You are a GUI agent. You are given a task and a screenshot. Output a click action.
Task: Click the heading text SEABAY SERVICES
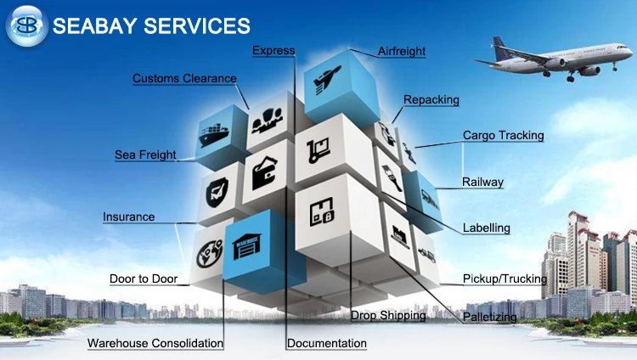(151, 25)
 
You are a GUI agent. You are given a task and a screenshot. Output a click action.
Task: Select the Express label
(273, 51)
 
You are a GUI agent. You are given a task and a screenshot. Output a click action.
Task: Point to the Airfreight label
(402, 52)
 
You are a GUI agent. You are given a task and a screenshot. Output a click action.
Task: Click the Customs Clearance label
(184, 79)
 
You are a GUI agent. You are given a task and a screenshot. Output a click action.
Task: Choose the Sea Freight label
(145, 155)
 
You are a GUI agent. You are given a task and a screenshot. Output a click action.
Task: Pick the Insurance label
(129, 217)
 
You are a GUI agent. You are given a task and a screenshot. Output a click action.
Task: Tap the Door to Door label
(144, 278)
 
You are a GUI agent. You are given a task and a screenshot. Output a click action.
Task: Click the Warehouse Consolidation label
(155, 344)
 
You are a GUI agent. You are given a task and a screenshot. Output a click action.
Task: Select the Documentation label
(327, 344)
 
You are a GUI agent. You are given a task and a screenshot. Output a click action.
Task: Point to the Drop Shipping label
(388, 316)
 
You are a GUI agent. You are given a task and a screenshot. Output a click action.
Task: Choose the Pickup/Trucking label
(505, 278)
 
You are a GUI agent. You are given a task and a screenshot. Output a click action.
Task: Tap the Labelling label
(486, 228)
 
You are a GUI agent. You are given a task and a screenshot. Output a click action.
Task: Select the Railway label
(482, 182)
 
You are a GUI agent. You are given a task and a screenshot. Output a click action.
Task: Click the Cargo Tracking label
(503, 135)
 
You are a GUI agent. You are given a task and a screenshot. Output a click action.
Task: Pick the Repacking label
(431, 99)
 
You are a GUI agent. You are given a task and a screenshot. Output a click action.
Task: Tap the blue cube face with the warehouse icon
(253, 244)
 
